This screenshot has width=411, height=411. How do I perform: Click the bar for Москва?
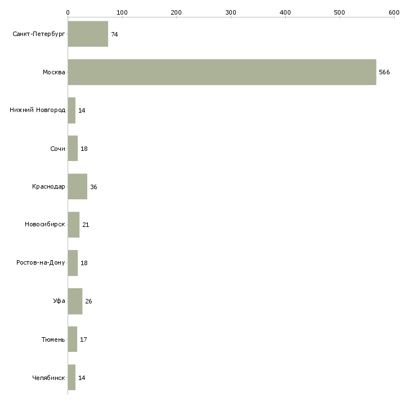[222, 72]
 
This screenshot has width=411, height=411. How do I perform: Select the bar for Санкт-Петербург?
[88, 34]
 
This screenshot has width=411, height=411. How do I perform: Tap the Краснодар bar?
[78, 186]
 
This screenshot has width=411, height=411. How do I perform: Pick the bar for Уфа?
[75, 301]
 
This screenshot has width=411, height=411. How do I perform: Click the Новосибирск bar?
[74, 225]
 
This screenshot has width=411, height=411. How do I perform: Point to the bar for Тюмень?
[73, 339]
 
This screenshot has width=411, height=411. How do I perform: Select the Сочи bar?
[73, 149]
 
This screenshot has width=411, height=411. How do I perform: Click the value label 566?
[385, 72]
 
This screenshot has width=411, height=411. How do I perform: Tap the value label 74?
[114, 34]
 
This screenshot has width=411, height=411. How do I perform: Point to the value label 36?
[93, 187]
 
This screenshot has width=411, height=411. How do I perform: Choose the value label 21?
[86, 225]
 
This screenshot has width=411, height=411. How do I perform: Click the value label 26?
[88, 301]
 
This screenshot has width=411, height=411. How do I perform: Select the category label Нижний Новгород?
[38, 110]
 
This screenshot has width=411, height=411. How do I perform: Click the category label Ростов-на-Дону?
[41, 262]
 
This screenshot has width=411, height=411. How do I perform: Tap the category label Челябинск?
[48, 378]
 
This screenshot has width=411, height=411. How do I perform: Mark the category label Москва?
[54, 72]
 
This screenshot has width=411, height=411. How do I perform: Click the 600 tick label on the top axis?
[394, 12]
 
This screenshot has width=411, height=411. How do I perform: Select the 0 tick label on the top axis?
[68, 12]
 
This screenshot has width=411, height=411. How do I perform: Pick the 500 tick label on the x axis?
[339, 12]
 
